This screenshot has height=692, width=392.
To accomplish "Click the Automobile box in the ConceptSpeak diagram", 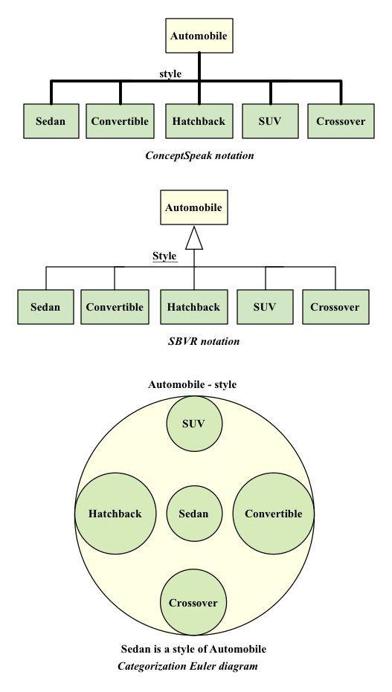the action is coord(199,36).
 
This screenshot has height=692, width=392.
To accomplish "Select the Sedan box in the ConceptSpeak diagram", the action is coord(51,121).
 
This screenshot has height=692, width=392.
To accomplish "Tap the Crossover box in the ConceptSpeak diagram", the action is coord(341,121).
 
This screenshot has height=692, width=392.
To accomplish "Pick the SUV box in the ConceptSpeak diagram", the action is coord(270,121).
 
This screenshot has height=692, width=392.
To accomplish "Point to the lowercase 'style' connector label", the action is coord(170,74).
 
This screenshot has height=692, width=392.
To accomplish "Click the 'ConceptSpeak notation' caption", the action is coord(199,155).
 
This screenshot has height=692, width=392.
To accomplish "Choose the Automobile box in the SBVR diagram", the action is coord(194,207).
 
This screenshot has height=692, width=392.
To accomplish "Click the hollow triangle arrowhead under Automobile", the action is coord(194,238).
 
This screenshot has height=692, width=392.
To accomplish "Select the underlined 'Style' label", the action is coord(164,256).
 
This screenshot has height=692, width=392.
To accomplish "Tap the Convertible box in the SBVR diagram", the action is coord(115,307).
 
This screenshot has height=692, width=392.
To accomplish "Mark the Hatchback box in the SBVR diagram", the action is coord(194,307).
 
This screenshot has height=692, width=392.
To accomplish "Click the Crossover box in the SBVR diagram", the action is coord(335,307).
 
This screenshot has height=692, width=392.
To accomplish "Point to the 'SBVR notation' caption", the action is coord(204,341).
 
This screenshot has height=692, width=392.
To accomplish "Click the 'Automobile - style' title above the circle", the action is coord(193,384).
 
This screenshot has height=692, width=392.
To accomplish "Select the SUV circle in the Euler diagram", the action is coord(194,424).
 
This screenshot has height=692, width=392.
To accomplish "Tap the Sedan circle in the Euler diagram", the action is coord(194,514).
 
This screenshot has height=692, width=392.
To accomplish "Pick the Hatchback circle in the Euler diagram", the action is coord(115,514).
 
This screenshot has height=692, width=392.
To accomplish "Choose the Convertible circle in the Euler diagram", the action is coord(274,514).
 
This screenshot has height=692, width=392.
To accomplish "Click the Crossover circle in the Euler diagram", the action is coord(193,602).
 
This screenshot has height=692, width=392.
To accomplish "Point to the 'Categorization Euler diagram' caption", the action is coord(187,667).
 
